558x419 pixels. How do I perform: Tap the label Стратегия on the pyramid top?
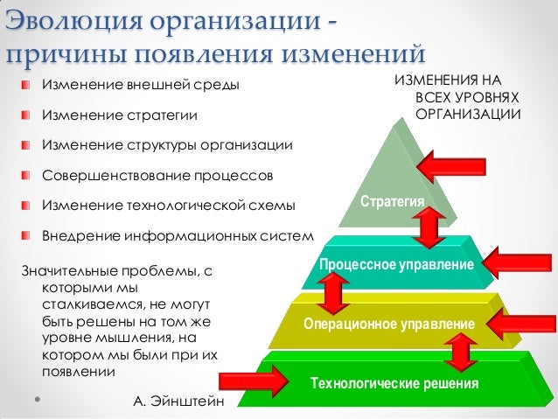pos(392,202)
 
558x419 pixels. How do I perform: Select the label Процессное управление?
pos(396,264)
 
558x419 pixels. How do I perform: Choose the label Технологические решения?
pos(394,384)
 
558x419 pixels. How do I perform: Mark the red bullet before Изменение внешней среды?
pos(28,86)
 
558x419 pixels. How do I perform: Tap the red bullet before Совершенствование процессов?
pos(28,175)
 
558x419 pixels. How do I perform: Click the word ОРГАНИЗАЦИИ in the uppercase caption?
pos(469,115)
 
